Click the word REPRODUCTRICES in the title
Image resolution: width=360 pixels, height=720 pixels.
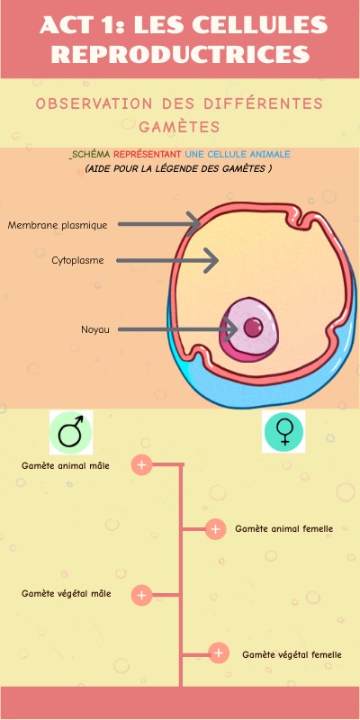pos(180,54)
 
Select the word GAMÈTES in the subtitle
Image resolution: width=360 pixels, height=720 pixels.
pos(180,126)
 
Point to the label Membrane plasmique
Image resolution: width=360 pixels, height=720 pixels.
pos(58,225)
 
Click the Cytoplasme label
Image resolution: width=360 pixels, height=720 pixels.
pos(77,261)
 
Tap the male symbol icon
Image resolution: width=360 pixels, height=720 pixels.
pos(71,433)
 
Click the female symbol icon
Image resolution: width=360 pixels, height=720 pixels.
pos(283,433)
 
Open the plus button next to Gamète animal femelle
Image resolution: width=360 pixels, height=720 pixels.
pos(215,529)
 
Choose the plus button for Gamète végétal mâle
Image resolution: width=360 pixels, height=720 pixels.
pos(141,595)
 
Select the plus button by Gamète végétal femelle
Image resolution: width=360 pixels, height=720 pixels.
pos(218,654)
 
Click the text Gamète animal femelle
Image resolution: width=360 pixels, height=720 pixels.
pos(283,529)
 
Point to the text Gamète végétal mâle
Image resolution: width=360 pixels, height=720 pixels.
pos(67,594)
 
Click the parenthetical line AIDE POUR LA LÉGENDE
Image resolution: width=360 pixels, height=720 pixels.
pos(178,169)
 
